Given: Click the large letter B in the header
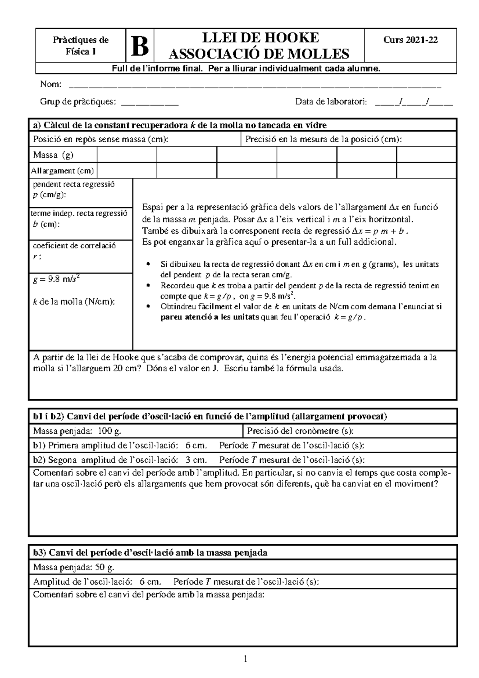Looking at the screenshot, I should pyautogui.click(x=140, y=46).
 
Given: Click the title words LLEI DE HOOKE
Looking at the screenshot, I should pyautogui.click(x=261, y=38).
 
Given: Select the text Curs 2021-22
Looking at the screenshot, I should pyautogui.click(x=410, y=40).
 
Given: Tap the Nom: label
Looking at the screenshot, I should pyautogui.click(x=51, y=84).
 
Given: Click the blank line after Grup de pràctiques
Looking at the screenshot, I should pyautogui.click(x=150, y=102).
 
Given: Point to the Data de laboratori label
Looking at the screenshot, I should pyautogui.click(x=331, y=102).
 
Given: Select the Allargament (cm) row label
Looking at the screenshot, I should pyautogui.click(x=62, y=171).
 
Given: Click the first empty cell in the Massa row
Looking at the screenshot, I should pyautogui.click(x=127, y=155).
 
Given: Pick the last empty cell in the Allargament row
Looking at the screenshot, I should pyautogui.click(x=426, y=171).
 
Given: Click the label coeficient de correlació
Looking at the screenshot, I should pyautogui.click(x=74, y=246).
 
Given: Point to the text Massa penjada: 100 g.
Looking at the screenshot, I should pyautogui.click(x=77, y=431).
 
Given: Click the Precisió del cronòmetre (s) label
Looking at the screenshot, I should pyautogui.click(x=300, y=431).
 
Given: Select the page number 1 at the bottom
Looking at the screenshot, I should pyautogui.click(x=246, y=659).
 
